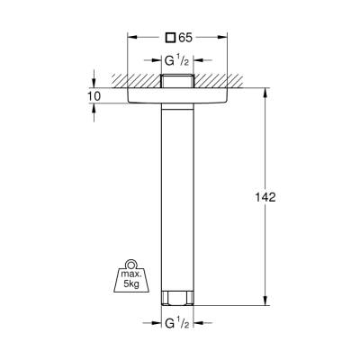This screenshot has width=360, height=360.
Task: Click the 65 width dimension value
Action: click(184, 38)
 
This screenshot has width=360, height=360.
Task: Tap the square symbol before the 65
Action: click(169, 38)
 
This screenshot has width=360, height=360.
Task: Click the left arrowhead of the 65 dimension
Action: click(132, 38)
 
